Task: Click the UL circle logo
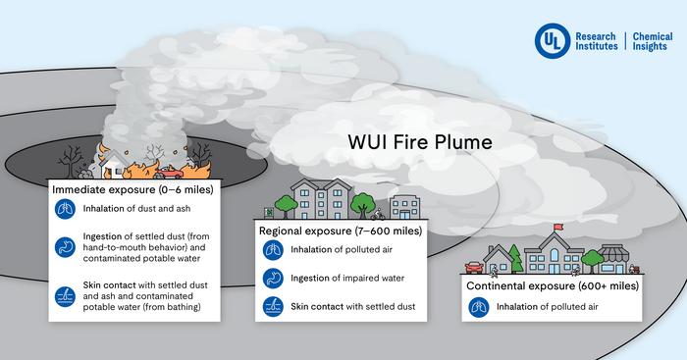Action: point(550,39)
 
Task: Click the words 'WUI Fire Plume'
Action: point(419,141)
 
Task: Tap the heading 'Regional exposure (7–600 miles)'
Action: point(340,231)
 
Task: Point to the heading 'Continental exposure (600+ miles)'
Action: point(554,285)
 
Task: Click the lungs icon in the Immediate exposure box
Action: point(65,207)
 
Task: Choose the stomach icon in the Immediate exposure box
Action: point(65,245)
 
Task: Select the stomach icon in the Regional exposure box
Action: point(271,280)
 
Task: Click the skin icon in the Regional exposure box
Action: point(271,307)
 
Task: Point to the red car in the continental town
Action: point(473,265)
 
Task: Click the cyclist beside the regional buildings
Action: point(374,212)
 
